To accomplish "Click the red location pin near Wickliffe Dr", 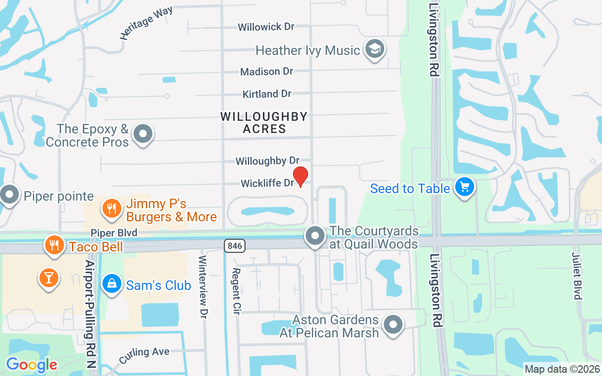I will [x=301, y=176].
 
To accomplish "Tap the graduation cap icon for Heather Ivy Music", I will [x=375, y=49].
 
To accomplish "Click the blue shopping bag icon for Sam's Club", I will [x=112, y=284].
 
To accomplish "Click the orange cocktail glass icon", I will [x=48, y=277].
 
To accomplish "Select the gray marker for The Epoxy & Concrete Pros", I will [x=143, y=134].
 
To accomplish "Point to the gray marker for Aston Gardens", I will [x=393, y=325].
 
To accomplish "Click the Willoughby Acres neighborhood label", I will [x=264, y=123].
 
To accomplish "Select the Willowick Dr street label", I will [x=266, y=27].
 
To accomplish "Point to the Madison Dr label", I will [x=266, y=71].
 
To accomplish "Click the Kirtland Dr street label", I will [x=267, y=94].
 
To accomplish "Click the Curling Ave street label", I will [x=144, y=355].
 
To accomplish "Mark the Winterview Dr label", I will [x=203, y=287].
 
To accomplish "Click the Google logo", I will [x=32, y=364].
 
